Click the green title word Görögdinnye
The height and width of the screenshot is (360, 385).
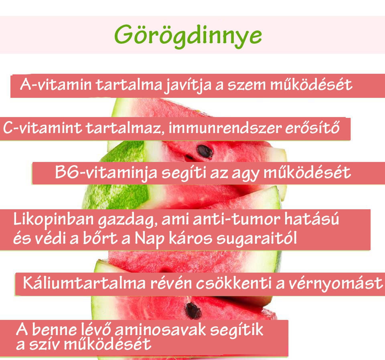click(x=188, y=35)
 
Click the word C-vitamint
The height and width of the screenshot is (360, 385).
click(x=43, y=129)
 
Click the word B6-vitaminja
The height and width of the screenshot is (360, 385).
click(x=105, y=173)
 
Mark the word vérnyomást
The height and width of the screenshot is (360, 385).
click(x=338, y=283)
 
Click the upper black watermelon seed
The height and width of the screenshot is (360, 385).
click(x=205, y=152)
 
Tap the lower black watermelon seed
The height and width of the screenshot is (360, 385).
click(x=193, y=311)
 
